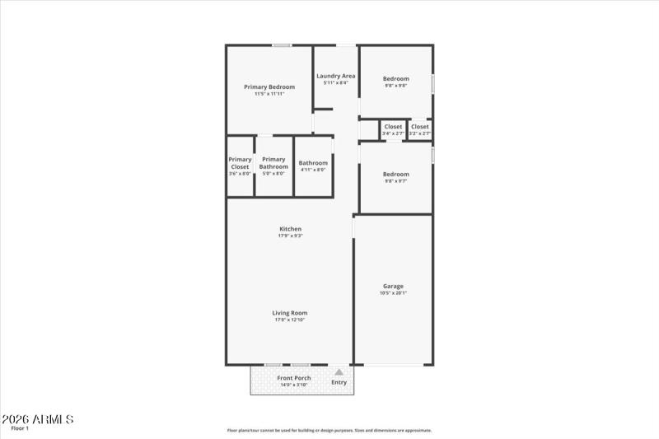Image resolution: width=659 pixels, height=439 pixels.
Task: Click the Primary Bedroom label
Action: click(269, 86)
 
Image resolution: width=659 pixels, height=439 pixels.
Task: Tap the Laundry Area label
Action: click(336, 76)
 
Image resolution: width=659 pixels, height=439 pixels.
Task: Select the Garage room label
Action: click(393, 286)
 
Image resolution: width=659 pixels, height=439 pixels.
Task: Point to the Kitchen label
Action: click(290, 229)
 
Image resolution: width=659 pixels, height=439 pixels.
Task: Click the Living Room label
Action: click(290, 313)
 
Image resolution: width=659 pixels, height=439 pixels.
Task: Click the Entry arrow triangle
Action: click(339, 372)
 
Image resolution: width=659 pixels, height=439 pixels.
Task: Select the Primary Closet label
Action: click(240, 163)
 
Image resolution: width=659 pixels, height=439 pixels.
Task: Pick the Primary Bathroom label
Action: click(273, 163)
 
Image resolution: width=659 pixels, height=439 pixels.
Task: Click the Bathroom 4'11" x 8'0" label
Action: click(313, 163)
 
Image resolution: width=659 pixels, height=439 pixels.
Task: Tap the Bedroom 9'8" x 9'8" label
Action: click(395, 79)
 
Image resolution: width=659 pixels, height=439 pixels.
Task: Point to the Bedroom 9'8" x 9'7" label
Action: click(395, 175)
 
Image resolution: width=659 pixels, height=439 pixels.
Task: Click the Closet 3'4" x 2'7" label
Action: click(393, 127)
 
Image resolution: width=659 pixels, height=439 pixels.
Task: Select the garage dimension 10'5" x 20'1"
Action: click(393, 293)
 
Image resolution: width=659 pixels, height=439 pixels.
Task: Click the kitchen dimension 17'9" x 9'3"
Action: click(290, 236)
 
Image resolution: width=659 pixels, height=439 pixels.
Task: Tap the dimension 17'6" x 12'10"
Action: click(290, 320)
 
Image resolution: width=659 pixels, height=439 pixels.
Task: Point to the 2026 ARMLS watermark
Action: click(38, 419)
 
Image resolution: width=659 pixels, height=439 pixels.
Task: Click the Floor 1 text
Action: click(20, 428)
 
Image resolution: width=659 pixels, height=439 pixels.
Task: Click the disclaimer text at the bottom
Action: click(329, 430)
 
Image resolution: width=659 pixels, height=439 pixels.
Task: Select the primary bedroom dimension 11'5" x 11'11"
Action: click(269, 94)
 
